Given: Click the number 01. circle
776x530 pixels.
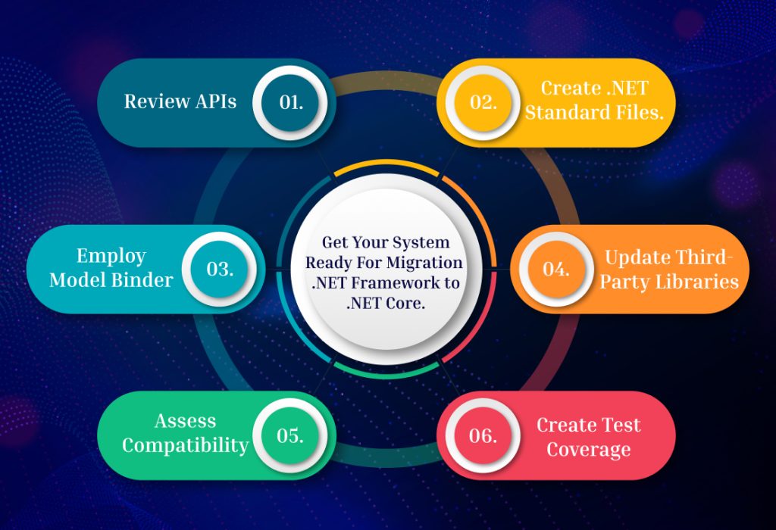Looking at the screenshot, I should (x=291, y=102).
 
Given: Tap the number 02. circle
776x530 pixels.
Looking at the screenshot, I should (x=483, y=102).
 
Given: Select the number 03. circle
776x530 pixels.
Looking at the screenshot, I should (x=220, y=269).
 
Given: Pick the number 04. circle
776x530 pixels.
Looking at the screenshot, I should (x=555, y=269).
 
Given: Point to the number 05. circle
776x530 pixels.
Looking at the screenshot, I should (x=291, y=435).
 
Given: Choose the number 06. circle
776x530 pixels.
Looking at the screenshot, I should (x=483, y=435).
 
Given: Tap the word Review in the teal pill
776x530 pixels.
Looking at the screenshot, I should (x=153, y=101).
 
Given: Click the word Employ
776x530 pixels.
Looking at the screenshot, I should (x=111, y=257).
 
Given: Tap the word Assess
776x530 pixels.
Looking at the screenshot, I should (x=186, y=421).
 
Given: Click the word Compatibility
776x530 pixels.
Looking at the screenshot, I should (x=186, y=445).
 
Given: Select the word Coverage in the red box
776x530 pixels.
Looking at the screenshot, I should (x=588, y=450).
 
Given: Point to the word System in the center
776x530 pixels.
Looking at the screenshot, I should (x=421, y=243).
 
